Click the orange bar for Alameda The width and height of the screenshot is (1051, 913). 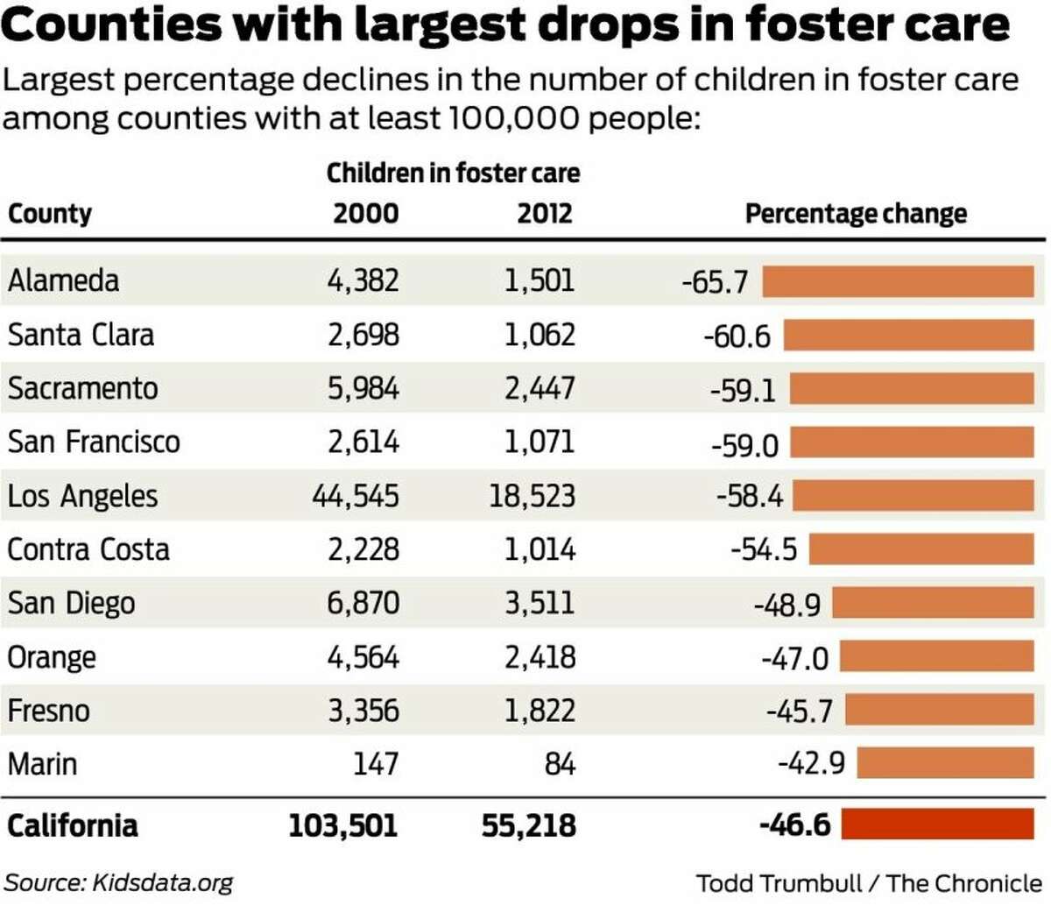coord(898,282)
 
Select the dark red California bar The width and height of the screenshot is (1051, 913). coord(937,825)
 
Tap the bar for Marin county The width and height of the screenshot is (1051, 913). coord(945,763)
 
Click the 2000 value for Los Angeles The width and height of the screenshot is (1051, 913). coord(356,496)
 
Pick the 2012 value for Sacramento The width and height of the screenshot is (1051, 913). coord(540,388)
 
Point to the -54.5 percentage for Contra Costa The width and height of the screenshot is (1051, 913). coord(764,549)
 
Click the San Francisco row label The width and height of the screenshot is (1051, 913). coord(94,442)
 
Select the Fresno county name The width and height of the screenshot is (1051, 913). coord(48,711)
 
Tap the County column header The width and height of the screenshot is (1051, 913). coord(50,214)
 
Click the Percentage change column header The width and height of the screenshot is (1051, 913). coord(856,214)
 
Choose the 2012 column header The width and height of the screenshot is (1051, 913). coord(544,214)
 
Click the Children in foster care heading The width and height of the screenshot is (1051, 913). coord(453,173)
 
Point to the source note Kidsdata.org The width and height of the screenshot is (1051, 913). coord(119,882)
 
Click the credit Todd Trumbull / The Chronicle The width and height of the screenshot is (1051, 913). coord(869,882)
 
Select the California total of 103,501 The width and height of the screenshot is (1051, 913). coord(343,825)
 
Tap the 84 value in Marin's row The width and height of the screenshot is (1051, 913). coord(560,764)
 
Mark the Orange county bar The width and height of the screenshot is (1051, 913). coord(936,656)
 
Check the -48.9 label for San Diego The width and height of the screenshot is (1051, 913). coord(786,604)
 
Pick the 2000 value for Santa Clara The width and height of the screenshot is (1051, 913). coord(363,335)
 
